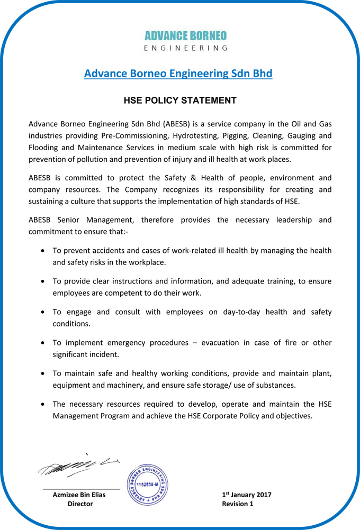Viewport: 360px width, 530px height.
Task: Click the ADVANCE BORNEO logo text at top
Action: tap(185, 35)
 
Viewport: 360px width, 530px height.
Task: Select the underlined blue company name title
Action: tap(178, 74)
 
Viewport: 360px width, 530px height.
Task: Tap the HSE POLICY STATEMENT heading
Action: tap(180, 100)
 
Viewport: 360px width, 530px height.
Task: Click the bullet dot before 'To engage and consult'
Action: tap(42, 312)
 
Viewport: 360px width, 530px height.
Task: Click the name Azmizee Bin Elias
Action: tap(79, 495)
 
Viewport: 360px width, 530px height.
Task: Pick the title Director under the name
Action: tap(80, 504)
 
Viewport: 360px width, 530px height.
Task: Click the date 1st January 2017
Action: tap(247, 495)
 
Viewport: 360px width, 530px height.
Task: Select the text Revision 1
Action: tap(238, 504)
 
